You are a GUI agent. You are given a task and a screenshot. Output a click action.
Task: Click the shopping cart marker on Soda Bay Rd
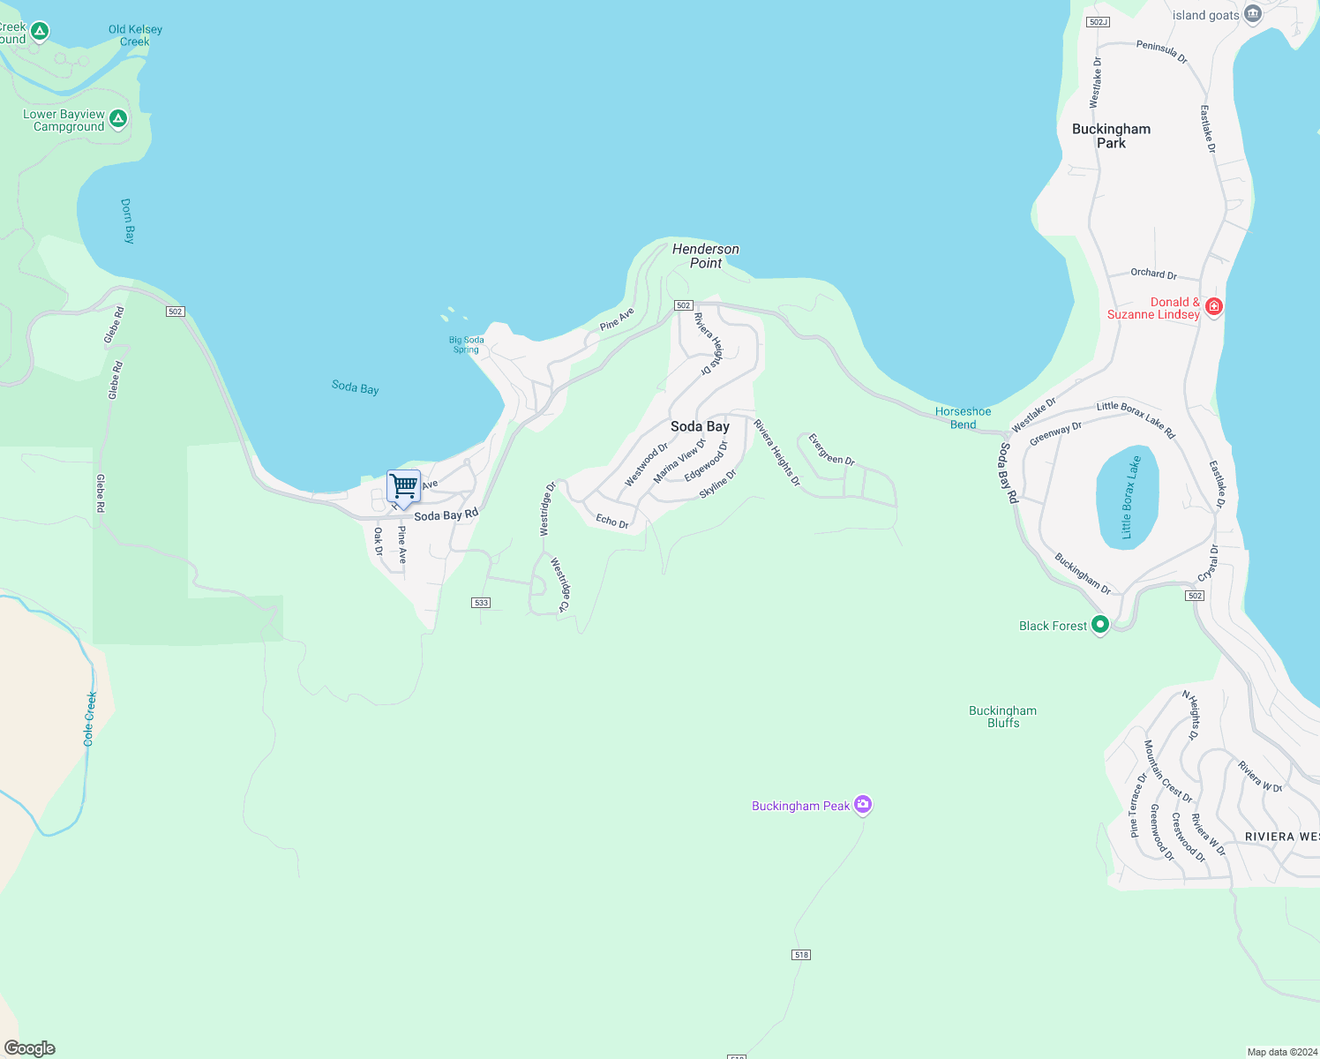pyautogui.click(x=403, y=486)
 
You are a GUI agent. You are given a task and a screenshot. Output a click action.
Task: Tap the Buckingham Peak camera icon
pyautogui.click(x=863, y=804)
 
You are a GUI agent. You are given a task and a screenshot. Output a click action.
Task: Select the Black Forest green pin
pyautogui.click(x=1099, y=625)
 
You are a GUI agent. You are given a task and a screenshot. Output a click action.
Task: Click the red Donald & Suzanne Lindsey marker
pyautogui.click(x=1213, y=306)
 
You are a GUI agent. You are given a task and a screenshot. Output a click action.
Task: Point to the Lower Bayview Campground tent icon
pyautogui.click(x=118, y=118)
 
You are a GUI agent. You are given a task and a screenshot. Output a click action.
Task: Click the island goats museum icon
pyautogui.click(x=1252, y=14)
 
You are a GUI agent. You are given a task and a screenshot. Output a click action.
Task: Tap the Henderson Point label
pyautogui.click(x=706, y=256)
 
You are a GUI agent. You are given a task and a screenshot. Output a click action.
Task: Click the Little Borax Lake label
pyautogui.click(x=1130, y=497)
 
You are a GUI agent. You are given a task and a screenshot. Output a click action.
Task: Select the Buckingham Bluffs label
pyautogui.click(x=1002, y=717)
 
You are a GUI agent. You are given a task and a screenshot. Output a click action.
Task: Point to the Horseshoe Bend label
pyautogui.click(x=963, y=417)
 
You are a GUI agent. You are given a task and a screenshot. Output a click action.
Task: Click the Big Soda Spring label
pyautogui.click(x=466, y=344)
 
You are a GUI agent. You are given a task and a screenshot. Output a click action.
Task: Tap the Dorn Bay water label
pyautogui.click(x=128, y=221)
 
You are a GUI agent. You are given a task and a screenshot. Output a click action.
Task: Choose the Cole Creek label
pyautogui.click(x=90, y=718)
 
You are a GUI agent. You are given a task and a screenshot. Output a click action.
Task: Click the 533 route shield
pyautogui.click(x=480, y=603)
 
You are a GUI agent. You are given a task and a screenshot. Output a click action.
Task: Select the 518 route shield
pyautogui.click(x=801, y=955)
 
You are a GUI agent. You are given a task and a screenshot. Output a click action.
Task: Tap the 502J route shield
pyautogui.click(x=1098, y=22)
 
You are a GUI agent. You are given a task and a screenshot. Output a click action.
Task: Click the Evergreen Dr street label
pyautogui.click(x=831, y=449)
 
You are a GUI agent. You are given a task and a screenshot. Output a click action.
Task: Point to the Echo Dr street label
pyautogui.click(x=611, y=522)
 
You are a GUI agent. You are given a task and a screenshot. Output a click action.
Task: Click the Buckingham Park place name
pyautogui.click(x=1111, y=136)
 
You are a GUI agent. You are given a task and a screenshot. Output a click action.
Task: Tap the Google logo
pyautogui.click(x=30, y=1048)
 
